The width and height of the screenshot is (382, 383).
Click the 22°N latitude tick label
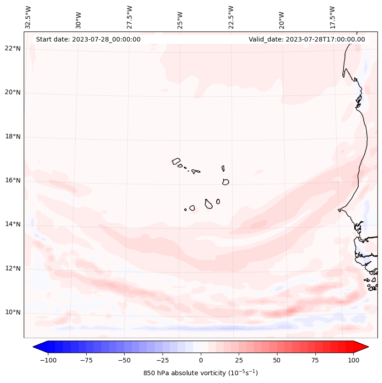(13, 49)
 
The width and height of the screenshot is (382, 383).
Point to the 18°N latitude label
(13, 137)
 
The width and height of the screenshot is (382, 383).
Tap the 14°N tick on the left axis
(13, 225)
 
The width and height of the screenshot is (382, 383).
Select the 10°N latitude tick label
(13, 313)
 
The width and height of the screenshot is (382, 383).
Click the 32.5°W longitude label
(28, 17)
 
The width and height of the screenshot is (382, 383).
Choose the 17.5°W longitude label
(332, 17)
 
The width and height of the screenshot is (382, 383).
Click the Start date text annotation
(88, 39)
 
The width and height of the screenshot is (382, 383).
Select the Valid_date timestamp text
(307, 39)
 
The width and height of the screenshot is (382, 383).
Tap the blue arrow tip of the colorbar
(37, 347)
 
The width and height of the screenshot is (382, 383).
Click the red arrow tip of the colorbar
(365, 347)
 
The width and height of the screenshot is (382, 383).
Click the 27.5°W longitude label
(130, 17)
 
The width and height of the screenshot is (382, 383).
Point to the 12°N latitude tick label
(13, 269)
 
